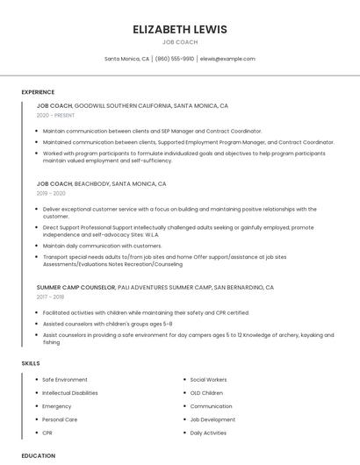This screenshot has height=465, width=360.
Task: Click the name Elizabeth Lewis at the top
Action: (179, 29)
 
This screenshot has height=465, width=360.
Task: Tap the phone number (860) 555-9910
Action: (175, 59)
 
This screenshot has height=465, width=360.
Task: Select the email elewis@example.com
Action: (227, 59)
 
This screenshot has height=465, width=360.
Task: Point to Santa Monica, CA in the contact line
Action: (126, 59)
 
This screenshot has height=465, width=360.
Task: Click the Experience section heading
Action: (38, 92)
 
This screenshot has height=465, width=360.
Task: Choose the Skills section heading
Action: (31, 363)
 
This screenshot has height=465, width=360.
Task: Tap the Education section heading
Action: (39, 456)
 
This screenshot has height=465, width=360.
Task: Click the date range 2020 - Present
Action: (55, 115)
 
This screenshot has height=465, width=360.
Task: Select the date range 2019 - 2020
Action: (51, 193)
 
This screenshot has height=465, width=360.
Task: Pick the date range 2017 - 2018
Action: (51, 297)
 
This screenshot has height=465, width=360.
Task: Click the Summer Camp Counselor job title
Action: (76, 287)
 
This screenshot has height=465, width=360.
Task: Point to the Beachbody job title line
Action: (101, 184)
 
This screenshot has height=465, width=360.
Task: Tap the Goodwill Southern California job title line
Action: (132, 105)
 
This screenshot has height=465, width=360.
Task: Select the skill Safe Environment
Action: (64, 380)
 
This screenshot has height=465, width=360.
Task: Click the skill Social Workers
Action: (209, 380)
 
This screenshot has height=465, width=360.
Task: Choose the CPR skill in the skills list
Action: (48, 433)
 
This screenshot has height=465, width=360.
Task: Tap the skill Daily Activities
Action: (209, 433)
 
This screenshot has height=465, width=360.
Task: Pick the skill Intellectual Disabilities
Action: (69, 393)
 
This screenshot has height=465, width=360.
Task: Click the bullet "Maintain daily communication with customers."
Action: (102, 246)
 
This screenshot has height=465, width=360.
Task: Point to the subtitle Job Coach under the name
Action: (179, 42)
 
